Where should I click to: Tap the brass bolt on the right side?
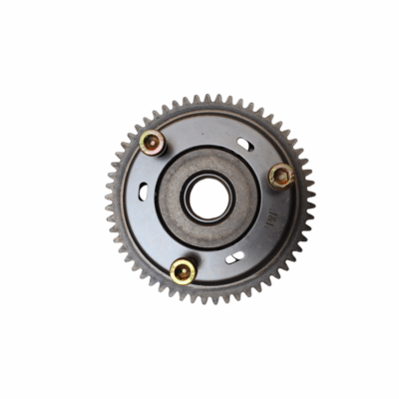tap(281, 177)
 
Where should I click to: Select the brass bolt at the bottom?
tap(183, 269)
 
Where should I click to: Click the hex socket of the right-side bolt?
tap(281, 177)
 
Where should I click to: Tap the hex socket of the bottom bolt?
tap(183, 269)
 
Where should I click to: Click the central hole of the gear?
tap(208, 199)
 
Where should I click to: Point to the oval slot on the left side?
tap(144, 193)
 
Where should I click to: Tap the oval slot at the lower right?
tap(234, 257)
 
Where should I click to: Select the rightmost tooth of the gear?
tap(311, 199)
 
